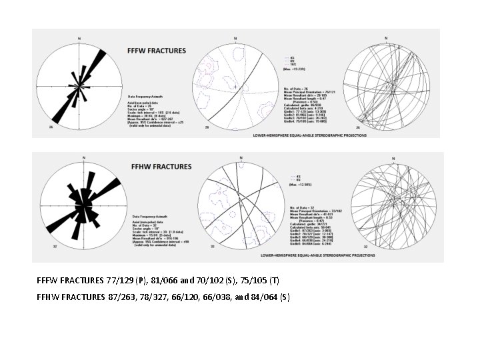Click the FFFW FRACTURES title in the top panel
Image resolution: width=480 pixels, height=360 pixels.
coord(152,50)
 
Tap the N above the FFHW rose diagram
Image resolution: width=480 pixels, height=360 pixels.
coord(83,157)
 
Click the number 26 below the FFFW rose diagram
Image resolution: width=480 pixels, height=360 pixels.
coord(51,127)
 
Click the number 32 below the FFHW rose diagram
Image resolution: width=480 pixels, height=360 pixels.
coord(54,246)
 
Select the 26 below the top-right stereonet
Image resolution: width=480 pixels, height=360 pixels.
coord(358,127)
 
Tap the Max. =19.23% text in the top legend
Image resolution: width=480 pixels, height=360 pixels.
coord(295,69)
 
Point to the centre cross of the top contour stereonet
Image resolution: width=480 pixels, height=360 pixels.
coord(235,86)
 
